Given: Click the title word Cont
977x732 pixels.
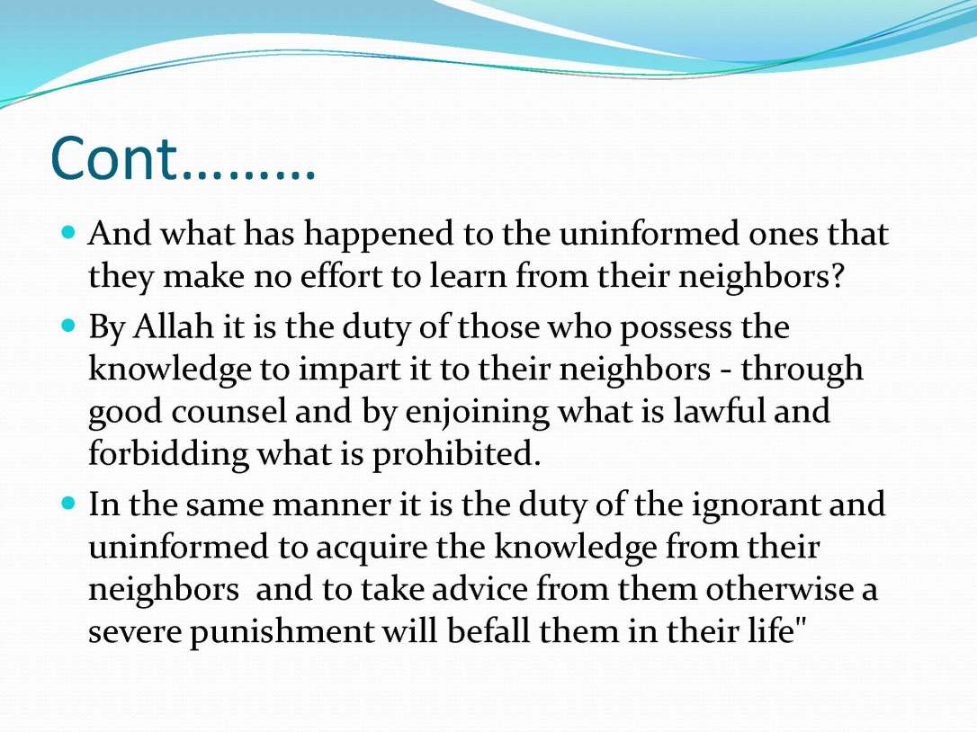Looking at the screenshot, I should (116, 159).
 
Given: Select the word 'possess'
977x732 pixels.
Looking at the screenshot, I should (729, 326).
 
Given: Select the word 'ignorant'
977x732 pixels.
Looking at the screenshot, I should (756, 505).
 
